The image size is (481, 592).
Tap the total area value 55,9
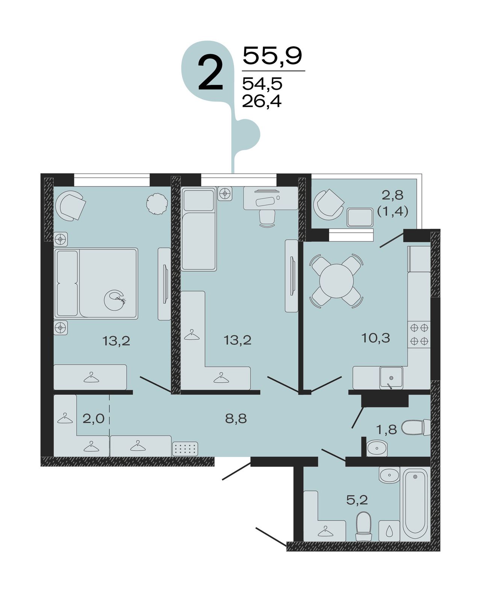click(272, 56)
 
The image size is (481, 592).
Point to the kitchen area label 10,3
click(376, 338)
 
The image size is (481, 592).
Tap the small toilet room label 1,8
click(387, 438)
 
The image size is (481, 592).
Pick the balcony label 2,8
click(393, 195)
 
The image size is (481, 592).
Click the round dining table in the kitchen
click(336, 281)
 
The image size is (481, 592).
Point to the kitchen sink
click(391, 377)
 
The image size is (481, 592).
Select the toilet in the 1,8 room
click(416, 428)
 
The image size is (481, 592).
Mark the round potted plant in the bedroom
click(157, 204)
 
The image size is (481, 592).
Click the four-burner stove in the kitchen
click(419, 335)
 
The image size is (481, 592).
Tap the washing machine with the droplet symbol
click(389, 530)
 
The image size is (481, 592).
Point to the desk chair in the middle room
click(267, 218)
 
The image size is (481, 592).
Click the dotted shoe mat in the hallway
click(185, 448)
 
